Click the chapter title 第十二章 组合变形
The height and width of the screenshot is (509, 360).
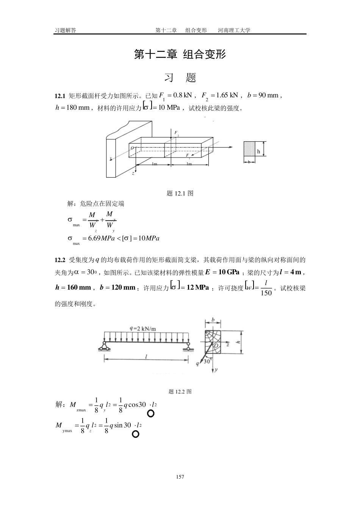click(x=180, y=55)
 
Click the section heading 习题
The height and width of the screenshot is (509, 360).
click(x=180, y=78)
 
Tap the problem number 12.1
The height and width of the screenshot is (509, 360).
click(x=60, y=95)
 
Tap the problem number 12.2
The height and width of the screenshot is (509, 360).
click(x=60, y=260)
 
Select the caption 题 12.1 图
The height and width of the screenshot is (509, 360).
click(x=180, y=194)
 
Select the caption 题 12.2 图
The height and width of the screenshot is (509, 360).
click(x=180, y=392)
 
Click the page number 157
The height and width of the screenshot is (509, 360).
click(x=180, y=477)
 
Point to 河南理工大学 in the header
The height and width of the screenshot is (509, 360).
click(x=234, y=30)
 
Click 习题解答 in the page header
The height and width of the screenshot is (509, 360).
click(x=65, y=30)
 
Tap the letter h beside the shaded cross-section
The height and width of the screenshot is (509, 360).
click(x=259, y=151)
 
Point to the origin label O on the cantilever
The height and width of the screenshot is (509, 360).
click(x=132, y=148)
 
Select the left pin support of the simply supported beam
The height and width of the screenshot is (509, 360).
click(x=105, y=345)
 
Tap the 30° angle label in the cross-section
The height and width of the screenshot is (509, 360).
click(x=207, y=362)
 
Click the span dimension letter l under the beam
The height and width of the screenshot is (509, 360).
click(x=146, y=356)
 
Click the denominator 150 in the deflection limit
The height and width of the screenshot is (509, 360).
click(x=266, y=293)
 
